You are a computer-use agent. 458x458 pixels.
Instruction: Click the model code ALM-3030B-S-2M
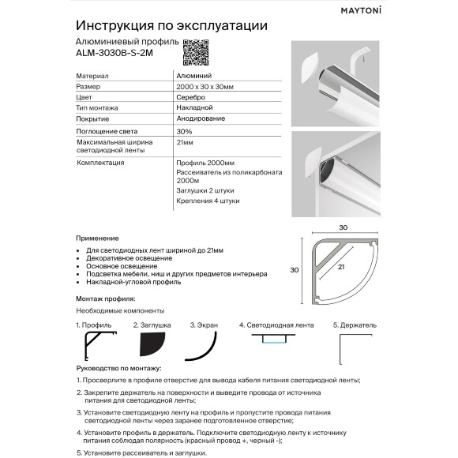pyautogui.click(x=111, y=55)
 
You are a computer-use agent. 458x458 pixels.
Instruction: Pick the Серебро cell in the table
pyautogui.click(x=190, y=96)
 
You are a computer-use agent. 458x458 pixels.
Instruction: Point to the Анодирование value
pyautogui.click(x=201, y=118)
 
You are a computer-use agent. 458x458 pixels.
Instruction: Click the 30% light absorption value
pyautogui.click(x=184, y=130)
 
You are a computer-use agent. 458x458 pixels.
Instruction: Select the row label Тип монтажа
pyautogui.click(x=97, y=107)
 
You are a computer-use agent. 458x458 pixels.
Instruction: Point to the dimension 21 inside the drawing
pyautogui.click(x=342, y=268)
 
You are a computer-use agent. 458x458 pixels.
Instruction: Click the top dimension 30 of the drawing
pyautogui.click(x=343, y=227)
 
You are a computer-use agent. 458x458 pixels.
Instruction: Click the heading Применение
pyautogui.click(x=97, y=238)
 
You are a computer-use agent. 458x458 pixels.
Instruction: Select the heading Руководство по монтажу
pyautogui.click(x=118, y=368)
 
